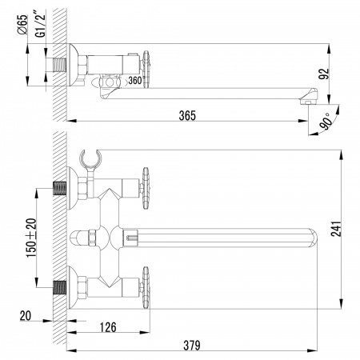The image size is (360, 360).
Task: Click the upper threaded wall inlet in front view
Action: pyautogui.click(x=59, y=190)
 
